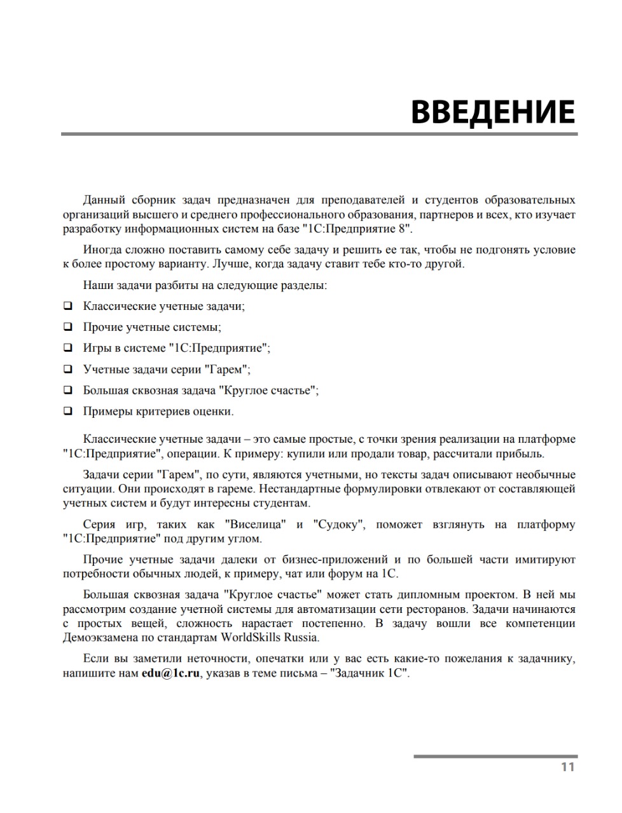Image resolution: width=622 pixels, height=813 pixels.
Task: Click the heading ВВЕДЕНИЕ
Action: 492,111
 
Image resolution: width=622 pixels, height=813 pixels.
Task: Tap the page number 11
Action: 568,767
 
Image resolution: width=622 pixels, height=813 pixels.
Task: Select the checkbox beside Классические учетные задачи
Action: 67,306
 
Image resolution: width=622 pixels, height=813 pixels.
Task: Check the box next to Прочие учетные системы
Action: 67,327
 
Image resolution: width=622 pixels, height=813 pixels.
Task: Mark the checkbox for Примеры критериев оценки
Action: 67,411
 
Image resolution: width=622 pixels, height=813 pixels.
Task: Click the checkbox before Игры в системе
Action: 67,348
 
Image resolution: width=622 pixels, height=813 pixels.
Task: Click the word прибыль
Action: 520,454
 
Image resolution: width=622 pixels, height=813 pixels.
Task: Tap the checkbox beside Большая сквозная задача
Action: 67,390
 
